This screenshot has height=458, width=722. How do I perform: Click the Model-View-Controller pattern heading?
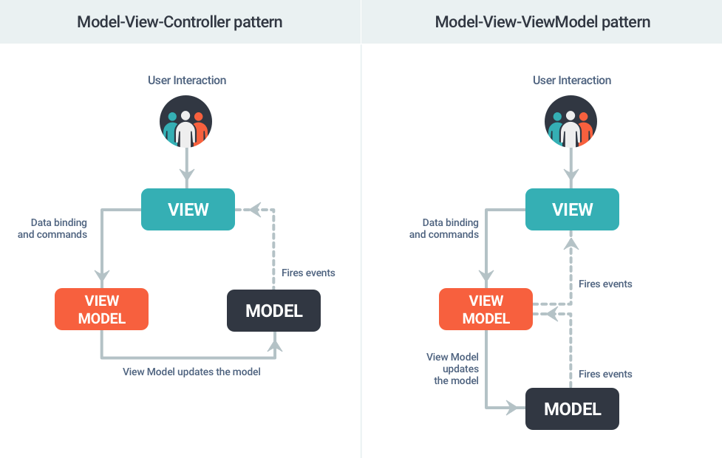click(x=180, y=21)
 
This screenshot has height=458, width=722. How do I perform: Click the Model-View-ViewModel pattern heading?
click(x=542, y=21)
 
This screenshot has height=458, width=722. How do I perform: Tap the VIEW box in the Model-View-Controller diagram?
click(x=188, y=209)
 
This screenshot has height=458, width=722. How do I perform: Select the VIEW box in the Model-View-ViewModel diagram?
click(x=572, y=209)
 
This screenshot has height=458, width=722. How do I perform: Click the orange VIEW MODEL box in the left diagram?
click(x=102, y=310)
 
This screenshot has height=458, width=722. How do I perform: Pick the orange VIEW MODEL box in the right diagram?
click(x=486, y=310)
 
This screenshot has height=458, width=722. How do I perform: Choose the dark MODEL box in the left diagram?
click(x=273, y=311)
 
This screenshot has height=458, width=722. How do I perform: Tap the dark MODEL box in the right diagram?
click(x=572, y=409)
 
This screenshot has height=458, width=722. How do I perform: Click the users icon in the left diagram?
click(x=186, y=121)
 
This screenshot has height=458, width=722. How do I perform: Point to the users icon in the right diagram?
click(x=571, y=121)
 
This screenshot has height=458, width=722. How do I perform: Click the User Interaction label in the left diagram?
click(x=187, y=80)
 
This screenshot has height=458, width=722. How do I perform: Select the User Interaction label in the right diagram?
click(x=572, y=80)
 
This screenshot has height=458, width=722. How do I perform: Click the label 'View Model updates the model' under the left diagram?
click(x=191, y=372)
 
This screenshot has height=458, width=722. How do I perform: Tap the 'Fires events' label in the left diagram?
click(x=308, y=273)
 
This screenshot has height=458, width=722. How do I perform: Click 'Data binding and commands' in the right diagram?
click(x=443, y=228)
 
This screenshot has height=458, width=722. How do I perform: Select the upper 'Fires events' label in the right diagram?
click(x=605, y=284)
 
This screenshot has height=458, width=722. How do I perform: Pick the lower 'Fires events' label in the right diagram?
click(x=605, y=374)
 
